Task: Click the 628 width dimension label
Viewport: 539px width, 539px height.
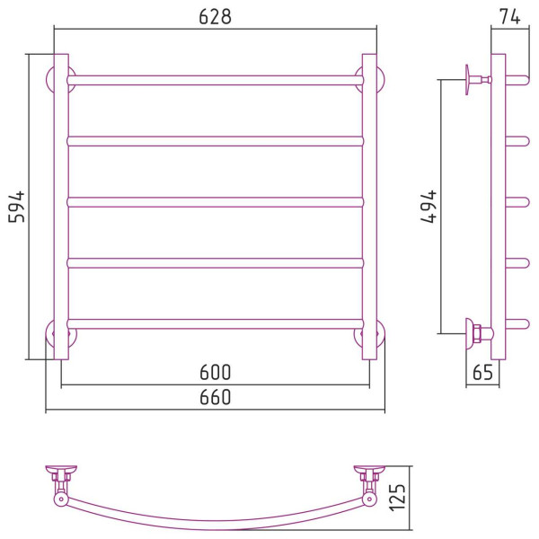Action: (x=216, y=16)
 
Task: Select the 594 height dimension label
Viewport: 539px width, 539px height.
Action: (x=16, y=207)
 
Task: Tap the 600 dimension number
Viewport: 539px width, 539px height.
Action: (x=216, y=372)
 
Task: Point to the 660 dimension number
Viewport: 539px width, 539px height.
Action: (x=216, y=397)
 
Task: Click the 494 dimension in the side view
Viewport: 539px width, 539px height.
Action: (x=429, y=207)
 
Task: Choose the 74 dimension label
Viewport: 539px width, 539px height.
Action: (x=509, y=16)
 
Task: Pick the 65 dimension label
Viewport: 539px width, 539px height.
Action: (x=482, y=372)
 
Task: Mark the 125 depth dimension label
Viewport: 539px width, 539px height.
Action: (x=398, y=498)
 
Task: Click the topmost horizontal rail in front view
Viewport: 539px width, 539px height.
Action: (x=216, y=80)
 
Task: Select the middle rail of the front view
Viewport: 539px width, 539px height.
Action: (x=216, y=202)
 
